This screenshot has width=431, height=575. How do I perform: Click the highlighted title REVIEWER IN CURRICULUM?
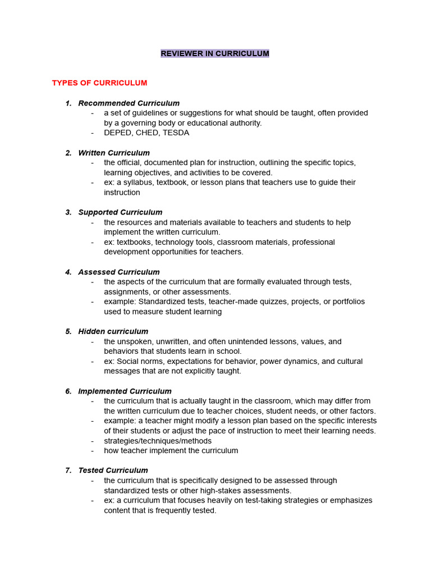pos(215,53)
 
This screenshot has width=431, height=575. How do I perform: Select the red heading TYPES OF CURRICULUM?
pos(99,83)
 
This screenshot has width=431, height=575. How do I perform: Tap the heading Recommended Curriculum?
pos(129,103)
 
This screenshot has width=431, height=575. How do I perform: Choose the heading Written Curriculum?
pos(114,153)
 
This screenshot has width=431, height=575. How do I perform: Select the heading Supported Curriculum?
pos(120,212)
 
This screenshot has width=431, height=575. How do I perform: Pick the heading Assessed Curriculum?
pos(119,272)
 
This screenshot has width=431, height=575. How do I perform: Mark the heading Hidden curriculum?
pos(113,331)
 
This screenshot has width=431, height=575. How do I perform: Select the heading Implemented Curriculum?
pos(125,391)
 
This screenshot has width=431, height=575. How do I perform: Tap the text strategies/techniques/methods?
pos(158,441)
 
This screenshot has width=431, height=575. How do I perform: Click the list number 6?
pos(68,391)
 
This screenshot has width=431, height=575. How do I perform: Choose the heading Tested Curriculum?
pos(113,471)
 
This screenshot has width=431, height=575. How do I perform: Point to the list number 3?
pos(68,212)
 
